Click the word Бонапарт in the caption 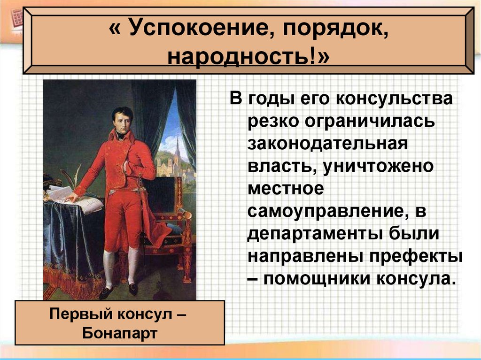click(x=119, y=333)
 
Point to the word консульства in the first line click(x=389, y=98)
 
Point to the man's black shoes click(x=120, y=291)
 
